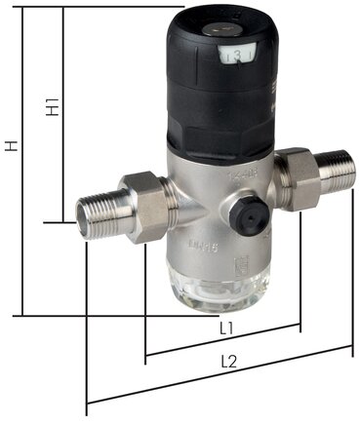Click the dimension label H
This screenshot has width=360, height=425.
tap(12, 147)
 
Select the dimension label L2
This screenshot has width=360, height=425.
tap(229, 362)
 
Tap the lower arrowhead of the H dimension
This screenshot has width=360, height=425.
tap(19, 314)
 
